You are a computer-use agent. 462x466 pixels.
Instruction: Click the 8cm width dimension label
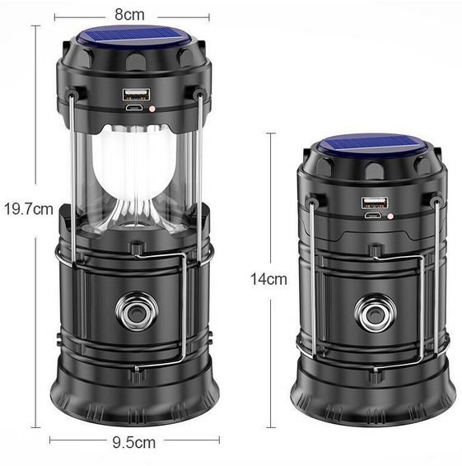click(x=129, y=15)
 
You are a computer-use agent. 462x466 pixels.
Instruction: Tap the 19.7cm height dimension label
click(x=29, y=209)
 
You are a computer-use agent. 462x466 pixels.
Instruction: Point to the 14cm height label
click(x=269, y=279)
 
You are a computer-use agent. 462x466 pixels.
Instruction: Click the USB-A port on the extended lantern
click(x=136, y=94)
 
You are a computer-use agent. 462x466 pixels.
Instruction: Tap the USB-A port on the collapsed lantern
click(x=375, y=203)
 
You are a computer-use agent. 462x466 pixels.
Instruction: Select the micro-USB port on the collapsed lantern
click(x=374, y=215)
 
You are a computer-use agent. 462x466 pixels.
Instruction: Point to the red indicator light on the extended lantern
click(x=152, y=109)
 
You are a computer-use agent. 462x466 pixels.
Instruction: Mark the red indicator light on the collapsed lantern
click(x=390, y=216)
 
